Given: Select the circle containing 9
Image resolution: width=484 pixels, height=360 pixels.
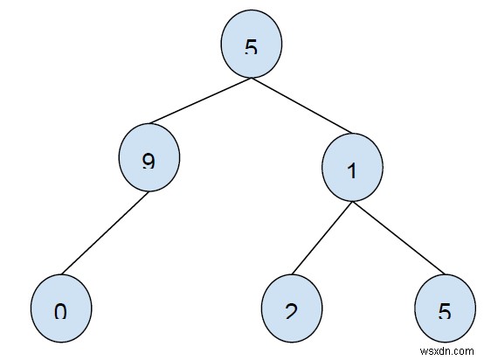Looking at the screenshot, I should [x=149, y=160].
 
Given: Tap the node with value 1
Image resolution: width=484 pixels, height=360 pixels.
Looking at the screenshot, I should [x=352, y=170].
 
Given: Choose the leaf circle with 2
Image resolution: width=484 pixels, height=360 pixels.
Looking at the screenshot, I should [x=292, y=309].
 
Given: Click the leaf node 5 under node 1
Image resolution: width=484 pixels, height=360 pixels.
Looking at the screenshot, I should [x=444, y=309].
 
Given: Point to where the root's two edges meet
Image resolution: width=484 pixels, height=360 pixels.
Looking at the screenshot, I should [x=251, y=78].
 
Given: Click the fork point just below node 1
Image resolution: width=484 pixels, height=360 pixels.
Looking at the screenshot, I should [x=352, y=201].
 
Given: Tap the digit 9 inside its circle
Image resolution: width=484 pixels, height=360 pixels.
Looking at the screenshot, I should [x=149, y=162].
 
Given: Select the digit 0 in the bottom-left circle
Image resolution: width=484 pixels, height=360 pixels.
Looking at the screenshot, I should [x=60, y=311].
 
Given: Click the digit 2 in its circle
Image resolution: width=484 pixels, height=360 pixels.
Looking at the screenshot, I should [x=292, y=311].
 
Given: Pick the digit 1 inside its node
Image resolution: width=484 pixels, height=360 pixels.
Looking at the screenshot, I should [x=352, y=170].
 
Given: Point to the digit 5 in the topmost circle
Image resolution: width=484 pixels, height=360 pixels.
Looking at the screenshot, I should [x=251, y=47].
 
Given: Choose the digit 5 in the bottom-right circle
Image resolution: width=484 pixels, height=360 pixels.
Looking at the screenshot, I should [x=444, y=311].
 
